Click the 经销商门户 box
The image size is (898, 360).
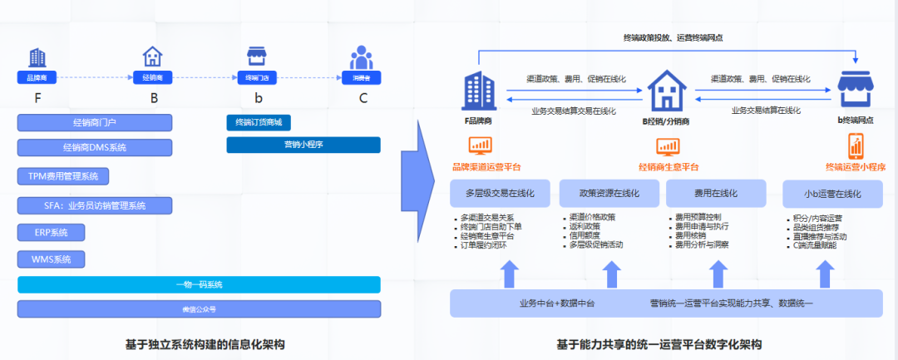[x=94, y=123]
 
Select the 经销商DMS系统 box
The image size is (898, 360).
[x=94, y=148]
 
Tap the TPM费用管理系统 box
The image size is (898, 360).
[x=63, y=176]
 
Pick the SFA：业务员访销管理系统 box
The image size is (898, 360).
[x=94, y=205]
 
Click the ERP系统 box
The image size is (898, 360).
[x=52, y=232]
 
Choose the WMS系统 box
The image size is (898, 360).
[x=52, y=259]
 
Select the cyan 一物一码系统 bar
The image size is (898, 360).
[x=199, y=284]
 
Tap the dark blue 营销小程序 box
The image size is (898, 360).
[x=303, y=145]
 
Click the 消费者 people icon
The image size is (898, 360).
[x=361, y=58]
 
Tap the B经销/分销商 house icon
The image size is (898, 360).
[x=667, y=90]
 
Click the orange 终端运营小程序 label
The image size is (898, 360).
[x=855, y=166]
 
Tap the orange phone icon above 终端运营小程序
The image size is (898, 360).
[x=856, y=147]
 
